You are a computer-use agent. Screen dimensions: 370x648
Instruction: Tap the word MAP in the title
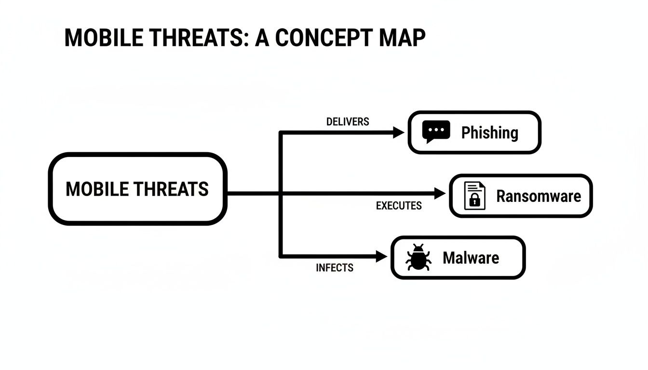402,38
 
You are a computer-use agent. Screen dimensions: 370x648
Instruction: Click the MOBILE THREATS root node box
137,189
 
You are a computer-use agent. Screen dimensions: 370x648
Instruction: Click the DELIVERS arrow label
348,122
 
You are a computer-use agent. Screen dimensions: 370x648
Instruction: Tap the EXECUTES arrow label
399,206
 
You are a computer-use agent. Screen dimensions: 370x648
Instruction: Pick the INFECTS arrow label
335,267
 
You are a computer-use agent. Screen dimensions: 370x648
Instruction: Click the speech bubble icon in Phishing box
436,132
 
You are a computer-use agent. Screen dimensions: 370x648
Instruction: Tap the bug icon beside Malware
418,257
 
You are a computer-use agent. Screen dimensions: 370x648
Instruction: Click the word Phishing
489,132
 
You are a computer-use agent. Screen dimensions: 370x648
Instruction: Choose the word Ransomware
539,196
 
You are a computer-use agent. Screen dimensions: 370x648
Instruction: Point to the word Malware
471,258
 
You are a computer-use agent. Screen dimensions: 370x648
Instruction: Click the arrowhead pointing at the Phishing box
398,132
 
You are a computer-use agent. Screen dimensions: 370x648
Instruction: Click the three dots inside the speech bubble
436,130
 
